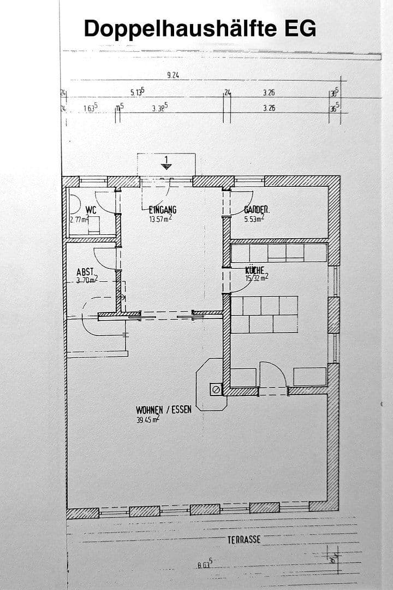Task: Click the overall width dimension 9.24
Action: click(172, 75)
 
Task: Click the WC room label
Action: click(91, 209)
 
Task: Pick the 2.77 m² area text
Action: click(80, 219)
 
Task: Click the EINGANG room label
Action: click(163, 209)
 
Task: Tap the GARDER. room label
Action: click(257, 209)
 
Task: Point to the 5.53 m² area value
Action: click(254, 219)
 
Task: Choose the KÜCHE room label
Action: click(254, 270)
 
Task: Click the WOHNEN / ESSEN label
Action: click(164, 409)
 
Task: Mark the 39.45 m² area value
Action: click(147, 420)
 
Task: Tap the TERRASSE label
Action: click(244, 540)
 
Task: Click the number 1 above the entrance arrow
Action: click(166, 160)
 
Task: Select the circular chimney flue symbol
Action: click(216, 390)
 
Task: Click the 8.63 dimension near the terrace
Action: click(205, 565)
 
